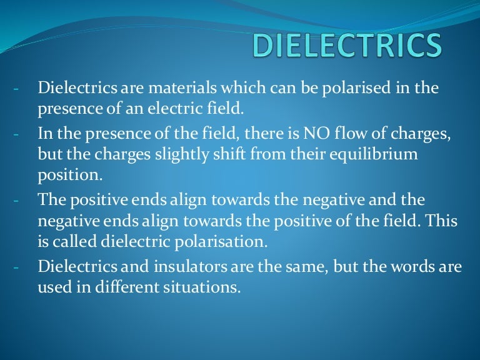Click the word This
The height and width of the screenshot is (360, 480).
point(442,221)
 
